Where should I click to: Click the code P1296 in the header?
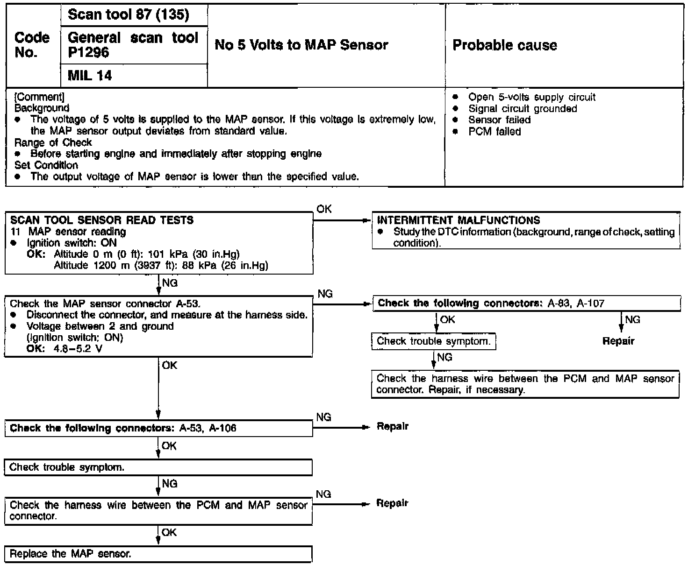(x=88, y=52)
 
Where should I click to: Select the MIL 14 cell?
(x=90, y=76)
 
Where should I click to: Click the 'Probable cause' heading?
(x=505, y=45)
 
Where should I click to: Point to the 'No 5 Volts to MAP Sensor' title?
(x=301, y=45)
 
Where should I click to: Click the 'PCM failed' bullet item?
(x=494, y=132)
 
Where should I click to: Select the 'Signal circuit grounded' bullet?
(x=522, y=109)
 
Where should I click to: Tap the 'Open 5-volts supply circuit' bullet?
(x=531, y=97)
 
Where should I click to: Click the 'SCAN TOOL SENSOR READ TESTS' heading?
(x=102, y=220)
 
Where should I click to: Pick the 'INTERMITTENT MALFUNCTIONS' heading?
(x=459, y=220)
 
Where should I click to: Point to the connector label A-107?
(x=590, y=304)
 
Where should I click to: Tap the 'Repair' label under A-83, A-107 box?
(x=618, y=341)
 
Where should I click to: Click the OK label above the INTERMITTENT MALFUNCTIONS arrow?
(x=324, y=209)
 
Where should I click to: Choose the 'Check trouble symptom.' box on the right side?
(x=433, y=341)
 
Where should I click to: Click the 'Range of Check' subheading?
(x=53, y=142)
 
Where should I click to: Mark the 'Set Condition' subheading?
(x=46, y=165)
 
